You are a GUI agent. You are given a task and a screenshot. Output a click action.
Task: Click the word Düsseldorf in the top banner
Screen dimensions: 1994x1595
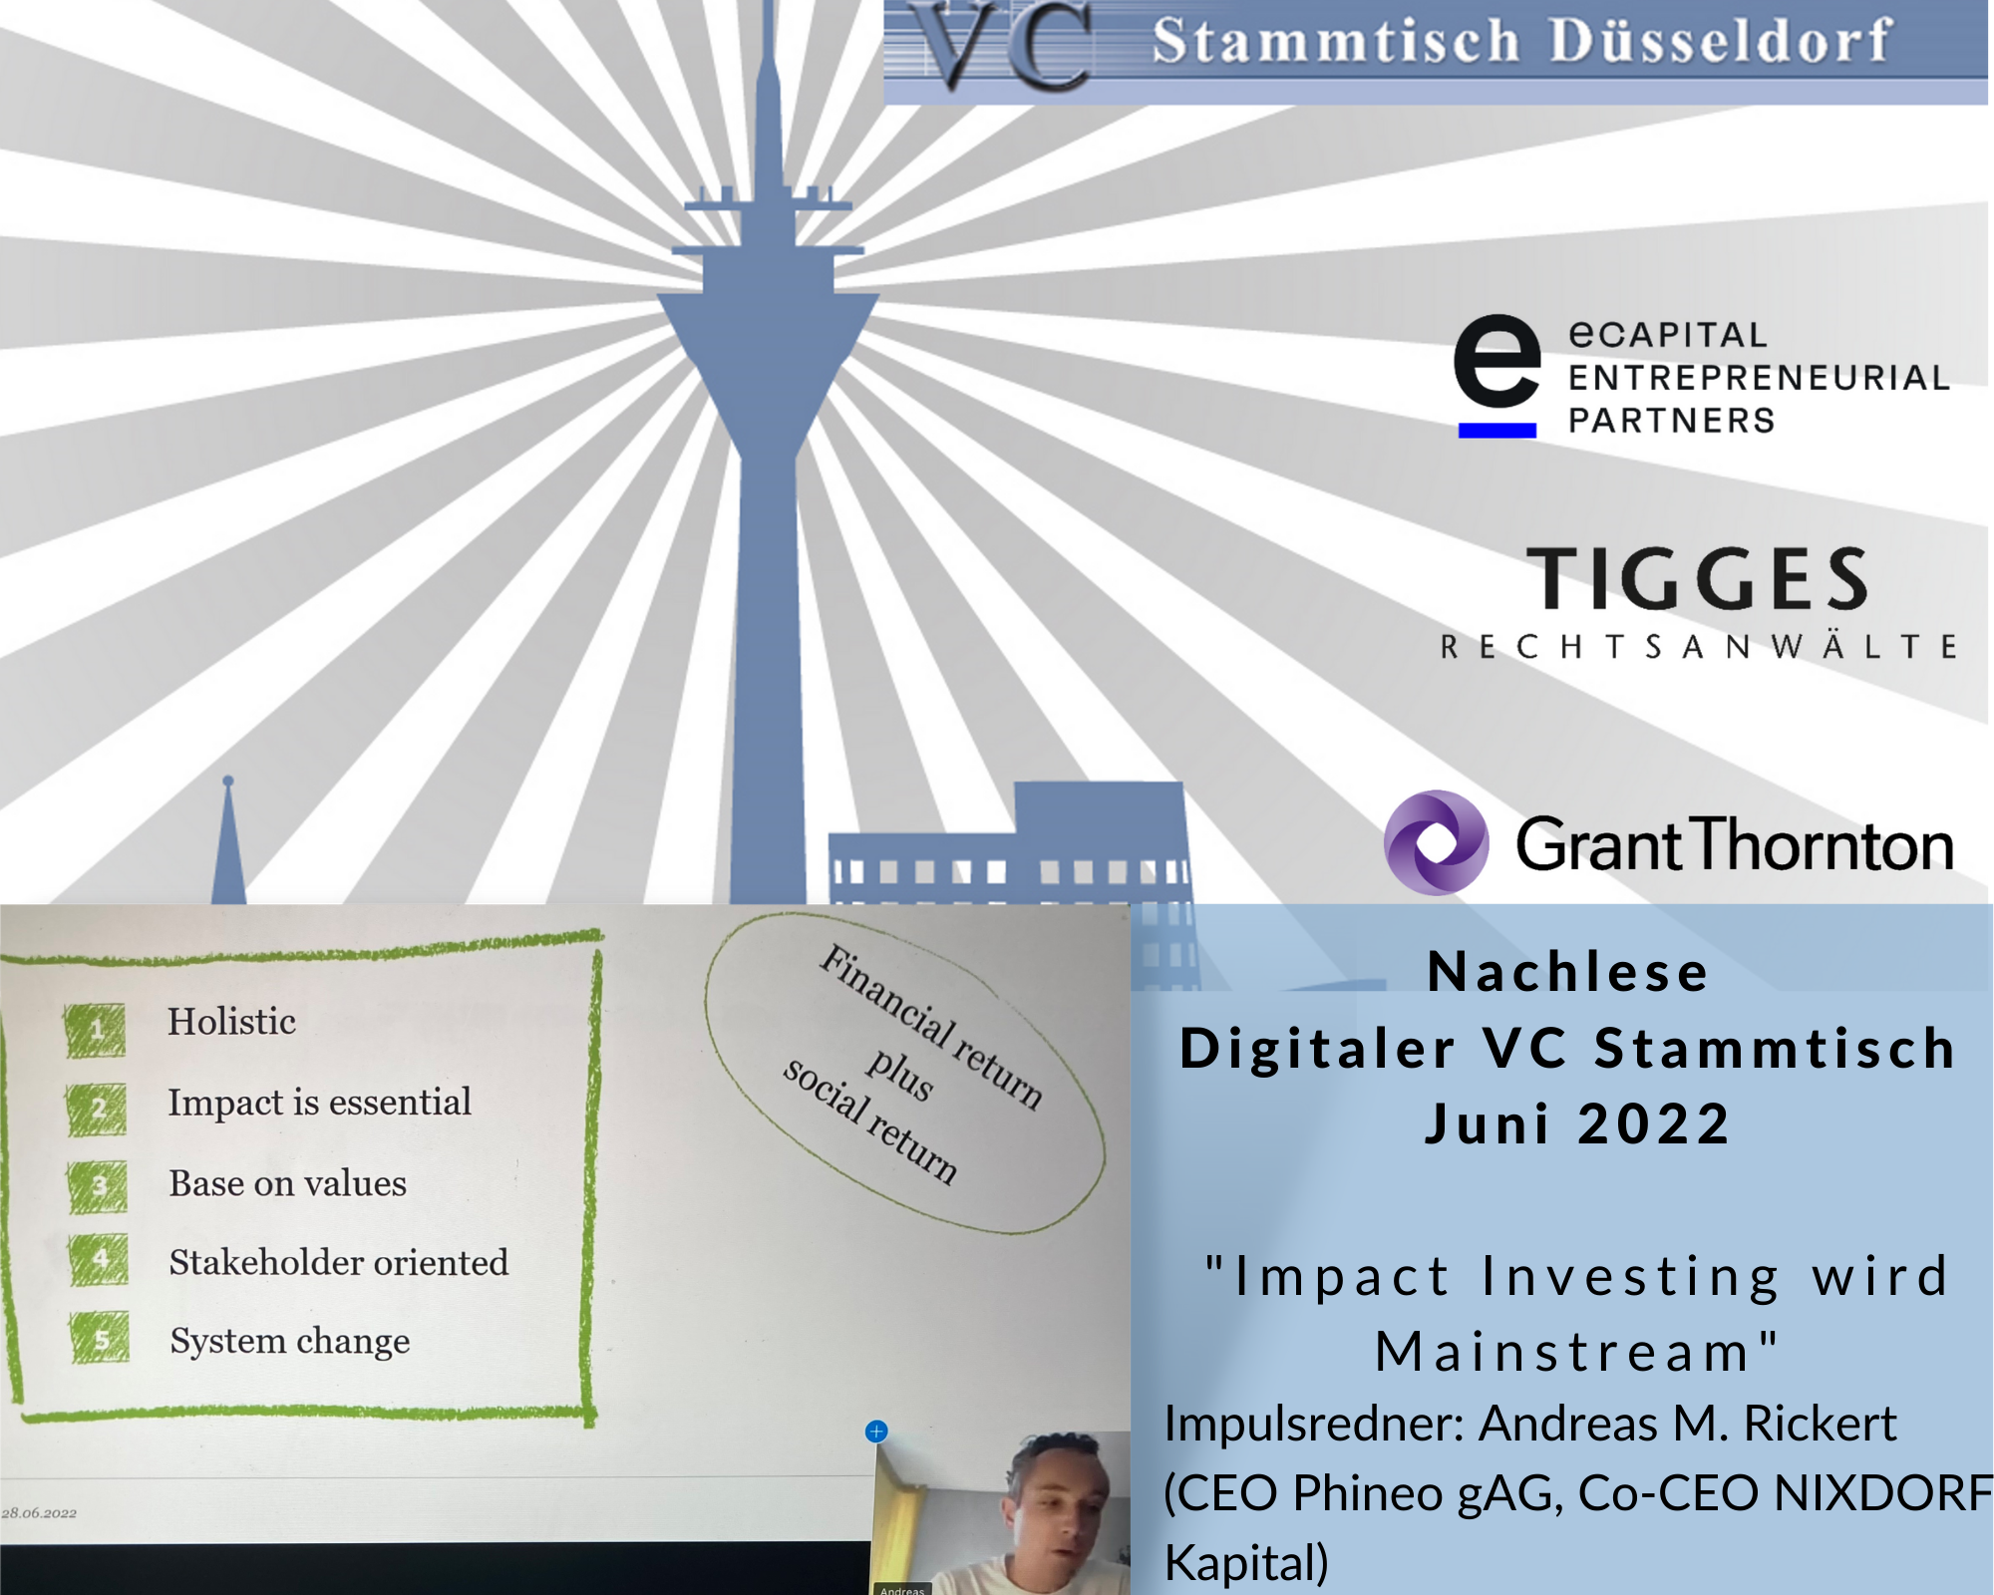[1721, 41]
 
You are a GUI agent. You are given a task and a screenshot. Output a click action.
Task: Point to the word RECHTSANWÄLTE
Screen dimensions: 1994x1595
[1699, 647]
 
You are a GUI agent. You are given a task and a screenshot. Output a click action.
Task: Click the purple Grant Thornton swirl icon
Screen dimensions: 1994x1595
[1437, 842]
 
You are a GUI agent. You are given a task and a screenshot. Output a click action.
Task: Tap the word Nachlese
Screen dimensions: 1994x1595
[1567, 972]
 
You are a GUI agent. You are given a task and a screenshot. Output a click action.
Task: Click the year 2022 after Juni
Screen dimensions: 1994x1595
[1654, 1124]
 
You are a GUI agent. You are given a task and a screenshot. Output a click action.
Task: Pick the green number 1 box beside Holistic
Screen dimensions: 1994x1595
[96, 1030]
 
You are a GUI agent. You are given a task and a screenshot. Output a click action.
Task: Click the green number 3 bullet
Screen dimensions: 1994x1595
[99, 1186]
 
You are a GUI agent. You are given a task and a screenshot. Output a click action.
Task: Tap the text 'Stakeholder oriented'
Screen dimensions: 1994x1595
[339, 1262]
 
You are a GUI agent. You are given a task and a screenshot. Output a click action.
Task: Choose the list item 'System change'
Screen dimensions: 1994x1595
[290, 1342]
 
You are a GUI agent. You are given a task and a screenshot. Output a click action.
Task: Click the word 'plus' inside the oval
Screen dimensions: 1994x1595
[899, 1075]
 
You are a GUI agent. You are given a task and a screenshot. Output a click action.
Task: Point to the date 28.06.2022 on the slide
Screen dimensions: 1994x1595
[39, 1512]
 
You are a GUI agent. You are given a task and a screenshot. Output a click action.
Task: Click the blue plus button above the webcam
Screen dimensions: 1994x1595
[876, 1432]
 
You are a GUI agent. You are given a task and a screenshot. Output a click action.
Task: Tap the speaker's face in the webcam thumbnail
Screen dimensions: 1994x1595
[1061, 1500]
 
